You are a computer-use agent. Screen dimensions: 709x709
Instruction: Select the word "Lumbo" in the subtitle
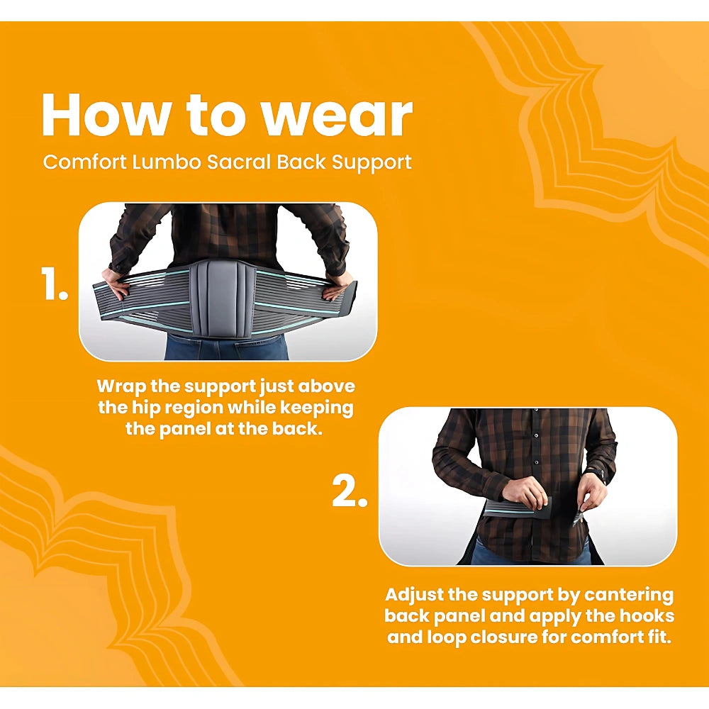pos(167,162)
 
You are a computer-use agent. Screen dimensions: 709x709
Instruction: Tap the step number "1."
pos(55,284)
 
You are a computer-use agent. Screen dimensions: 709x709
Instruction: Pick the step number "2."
pos(350,491)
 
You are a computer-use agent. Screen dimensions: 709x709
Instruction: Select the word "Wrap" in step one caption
pos(121,387)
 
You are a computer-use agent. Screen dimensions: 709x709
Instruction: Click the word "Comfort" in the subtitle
pos(84,162)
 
